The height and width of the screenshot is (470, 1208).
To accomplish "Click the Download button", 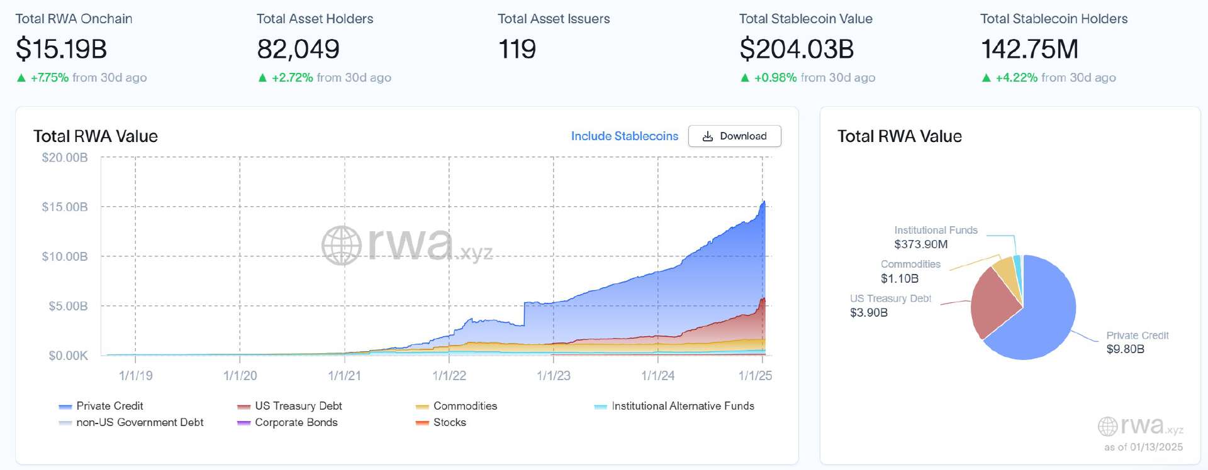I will tap(734, 136).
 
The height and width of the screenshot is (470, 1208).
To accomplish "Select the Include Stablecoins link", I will tap(624, 136).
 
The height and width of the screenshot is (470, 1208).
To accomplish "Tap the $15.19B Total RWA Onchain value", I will tap(62, 49).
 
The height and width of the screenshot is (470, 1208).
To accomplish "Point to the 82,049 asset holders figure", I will tap(298, 49).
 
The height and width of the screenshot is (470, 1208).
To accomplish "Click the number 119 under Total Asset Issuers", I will tap(517, 49).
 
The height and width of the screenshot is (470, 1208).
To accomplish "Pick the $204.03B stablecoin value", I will tap(797, 49).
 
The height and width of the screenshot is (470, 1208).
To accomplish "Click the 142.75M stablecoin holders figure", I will tap(1029, 49).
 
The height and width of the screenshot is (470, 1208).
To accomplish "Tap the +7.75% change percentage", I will tap(50, 78).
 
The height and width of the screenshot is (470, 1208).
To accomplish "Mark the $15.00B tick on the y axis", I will tap(65, 207).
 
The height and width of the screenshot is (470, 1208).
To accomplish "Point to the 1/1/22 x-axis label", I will tap(449, 376).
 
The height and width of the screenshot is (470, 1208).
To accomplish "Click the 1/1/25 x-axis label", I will tap(755, 376).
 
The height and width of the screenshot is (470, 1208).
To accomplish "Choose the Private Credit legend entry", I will tap(109, 406).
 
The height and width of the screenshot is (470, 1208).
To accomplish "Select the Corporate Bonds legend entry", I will tap(296, 422).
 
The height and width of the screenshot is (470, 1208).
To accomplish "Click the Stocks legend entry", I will tap(449, 422).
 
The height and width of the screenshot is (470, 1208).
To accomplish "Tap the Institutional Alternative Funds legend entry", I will tap(683, 406).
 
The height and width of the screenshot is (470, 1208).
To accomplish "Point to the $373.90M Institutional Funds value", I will tap(920, 244).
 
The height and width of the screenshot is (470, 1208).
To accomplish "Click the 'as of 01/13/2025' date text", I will tap(1143, 447).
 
